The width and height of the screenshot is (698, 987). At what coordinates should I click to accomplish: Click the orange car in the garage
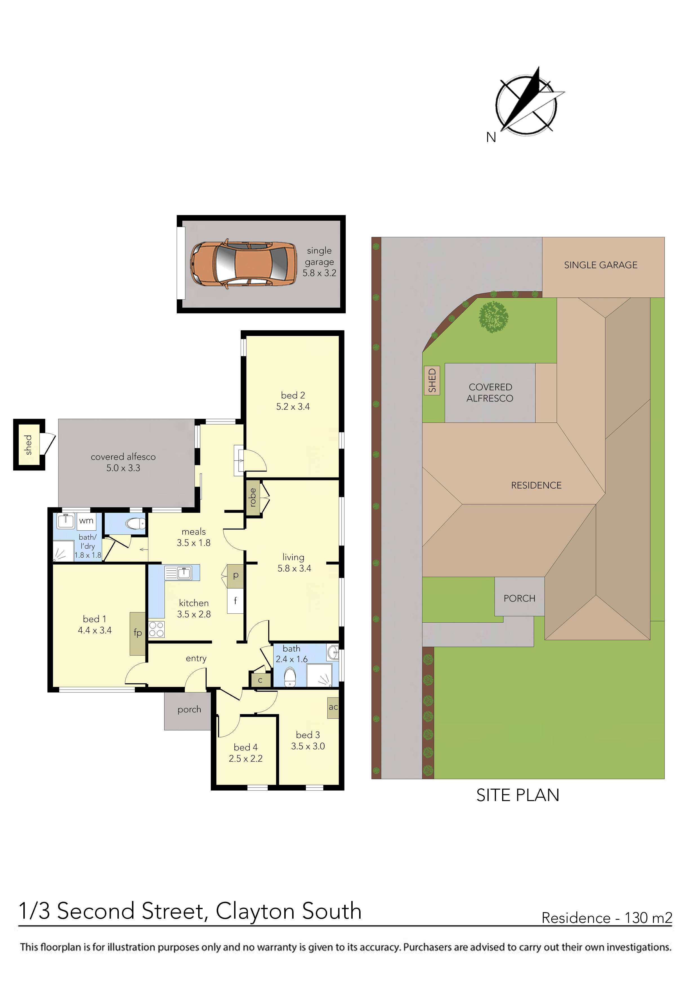(x=244, y=264)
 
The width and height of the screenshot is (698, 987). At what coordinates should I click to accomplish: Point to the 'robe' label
(x=253, y=497)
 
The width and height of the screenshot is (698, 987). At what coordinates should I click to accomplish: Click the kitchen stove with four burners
(x=156, y=629)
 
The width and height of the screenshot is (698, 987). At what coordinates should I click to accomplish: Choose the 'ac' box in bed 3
(x=333, y=707)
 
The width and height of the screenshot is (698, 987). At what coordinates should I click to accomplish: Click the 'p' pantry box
(x=235, y=576)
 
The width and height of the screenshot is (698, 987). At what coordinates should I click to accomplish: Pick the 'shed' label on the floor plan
(x=28, y=445)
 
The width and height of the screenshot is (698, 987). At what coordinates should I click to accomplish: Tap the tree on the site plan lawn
(x=494, y=317)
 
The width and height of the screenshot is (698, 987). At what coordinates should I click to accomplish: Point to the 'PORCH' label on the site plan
(x=520, y=598)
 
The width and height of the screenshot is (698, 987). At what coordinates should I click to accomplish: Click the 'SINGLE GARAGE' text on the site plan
(x=601, y=265)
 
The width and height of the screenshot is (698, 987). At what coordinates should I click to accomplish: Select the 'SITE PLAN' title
(x=518, y=795)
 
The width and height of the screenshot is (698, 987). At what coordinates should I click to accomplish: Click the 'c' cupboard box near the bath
(x=260, y=680)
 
